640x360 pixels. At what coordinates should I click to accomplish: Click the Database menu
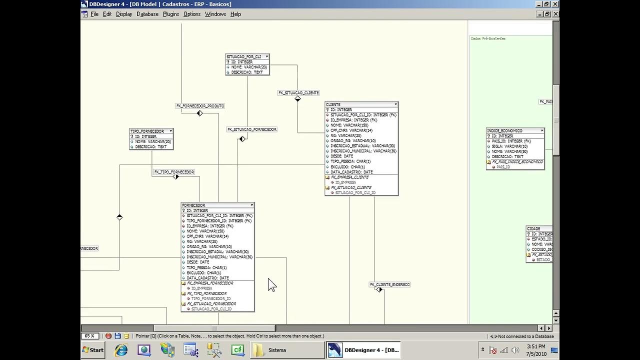pos(147,14)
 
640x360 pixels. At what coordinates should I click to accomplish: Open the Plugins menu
pos(170,14)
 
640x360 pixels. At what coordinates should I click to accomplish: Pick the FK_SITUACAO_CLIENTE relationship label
pos(298,92)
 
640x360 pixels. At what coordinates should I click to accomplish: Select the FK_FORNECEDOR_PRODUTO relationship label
pos(200,106)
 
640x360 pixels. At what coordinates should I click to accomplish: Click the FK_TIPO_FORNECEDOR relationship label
pos(174,172)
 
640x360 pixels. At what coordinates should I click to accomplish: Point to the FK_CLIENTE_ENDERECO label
pos(389,284)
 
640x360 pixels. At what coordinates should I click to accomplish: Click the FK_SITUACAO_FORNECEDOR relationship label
pos(252,129)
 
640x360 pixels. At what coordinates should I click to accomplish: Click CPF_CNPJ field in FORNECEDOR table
pos(207,236)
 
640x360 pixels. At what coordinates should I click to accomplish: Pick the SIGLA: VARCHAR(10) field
pos(509,146)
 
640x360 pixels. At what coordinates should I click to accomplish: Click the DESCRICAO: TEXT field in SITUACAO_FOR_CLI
pos(246,72)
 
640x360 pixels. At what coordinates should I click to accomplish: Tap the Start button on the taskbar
pos(93,350)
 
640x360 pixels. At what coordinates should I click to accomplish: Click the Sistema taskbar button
pos(287,350)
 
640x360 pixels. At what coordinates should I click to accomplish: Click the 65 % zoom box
pos(90,336)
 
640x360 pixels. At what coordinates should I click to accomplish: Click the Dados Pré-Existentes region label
pos(488,38)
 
